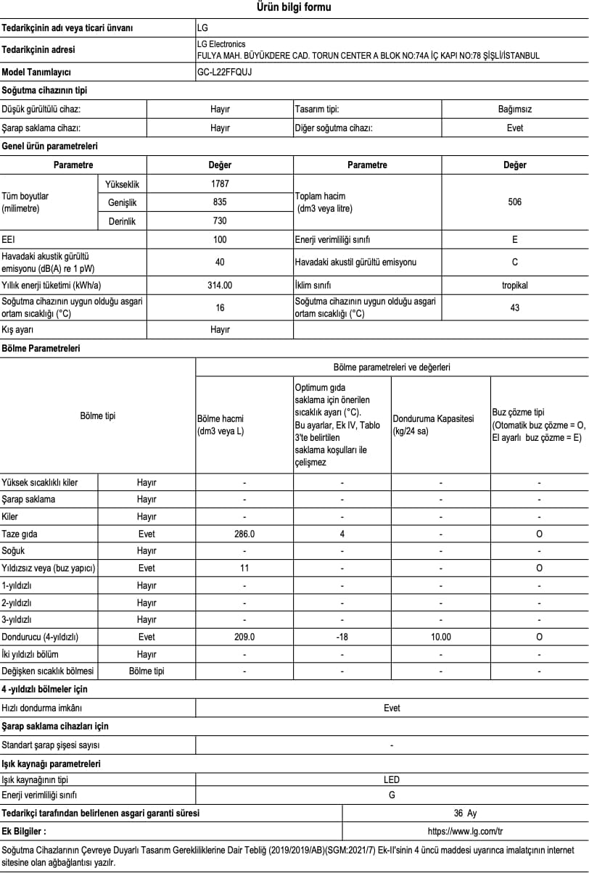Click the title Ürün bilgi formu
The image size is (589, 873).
[294, 8]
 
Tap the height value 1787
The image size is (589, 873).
[220, 184]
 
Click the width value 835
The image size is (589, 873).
[220, 202]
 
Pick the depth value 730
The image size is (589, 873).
[220, 221]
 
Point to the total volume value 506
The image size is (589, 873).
[514, 202]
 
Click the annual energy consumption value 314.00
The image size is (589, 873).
[220, 285]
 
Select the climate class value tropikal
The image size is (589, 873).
[514, 285]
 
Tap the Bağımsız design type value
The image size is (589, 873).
[514, 109]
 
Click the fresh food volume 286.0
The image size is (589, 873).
[244, 534]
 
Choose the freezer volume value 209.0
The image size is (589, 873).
[244, 637]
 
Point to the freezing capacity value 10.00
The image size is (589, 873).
[441, 637]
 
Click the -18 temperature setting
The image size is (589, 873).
[342, 637]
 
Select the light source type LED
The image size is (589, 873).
[392, 780]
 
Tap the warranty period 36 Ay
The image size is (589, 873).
[465, 814]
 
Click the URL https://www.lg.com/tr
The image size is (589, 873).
[465, 832]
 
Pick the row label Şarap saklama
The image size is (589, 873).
[28, 500]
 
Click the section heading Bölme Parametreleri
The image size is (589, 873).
[41, 349]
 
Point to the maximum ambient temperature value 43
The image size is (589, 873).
[514, 308]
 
